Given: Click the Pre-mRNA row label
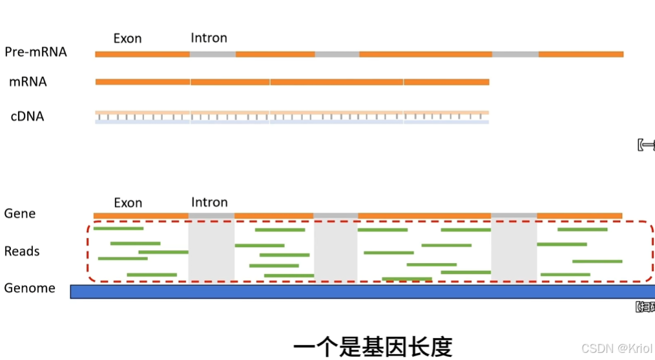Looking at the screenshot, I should pyautogui.click(x=36, y=52).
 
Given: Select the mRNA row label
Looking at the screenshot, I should pyautogui.click(x=28, y=82).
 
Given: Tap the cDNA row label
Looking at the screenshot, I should pyautogui.click(x=27, y=117).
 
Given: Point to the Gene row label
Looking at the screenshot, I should pyautogui.click(x=20, y=213).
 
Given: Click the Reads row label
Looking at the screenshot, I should pyautogui.click(x=22, y=251).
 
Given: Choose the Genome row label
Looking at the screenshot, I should pyautogui.click(x=30, y=288).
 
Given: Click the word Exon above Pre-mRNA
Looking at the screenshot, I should pyautogui.click(x=127, y=39).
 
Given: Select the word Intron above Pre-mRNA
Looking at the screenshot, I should pyautogui.click(x=209, y=38).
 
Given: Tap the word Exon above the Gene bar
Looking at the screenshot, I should pyautogui.click(x=128, y=203).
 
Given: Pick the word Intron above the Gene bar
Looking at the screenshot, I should pyautogui.click(x=209, y=202).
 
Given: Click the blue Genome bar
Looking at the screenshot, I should pyautogui.click(x=362, y=291).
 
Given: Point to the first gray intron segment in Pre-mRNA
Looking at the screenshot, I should pyautogui.click(x=213, y=54).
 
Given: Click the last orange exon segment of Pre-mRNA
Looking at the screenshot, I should pyautogui.click(x=581, y=54).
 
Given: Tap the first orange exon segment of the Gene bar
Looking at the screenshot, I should pyautogui.click(x=141, y=215).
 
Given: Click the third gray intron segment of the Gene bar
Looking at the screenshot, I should pyautogui.click(x=514, y=215).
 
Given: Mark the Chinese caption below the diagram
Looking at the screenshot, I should pyautogui.click(x=373, y=346).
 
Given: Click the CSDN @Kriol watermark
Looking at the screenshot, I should pyautogui.click(x=617, y=348).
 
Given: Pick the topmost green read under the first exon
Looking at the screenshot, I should pyautogui.click(x=118, y=228).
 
